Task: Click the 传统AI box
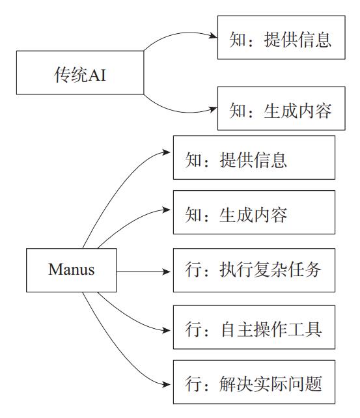pyautogui.click(x=80, y=72)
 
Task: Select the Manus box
pyautogui.click(x=72, y=270)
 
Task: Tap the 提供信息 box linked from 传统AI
pyautogui.click(x=281, y=37)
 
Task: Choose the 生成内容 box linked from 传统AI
pyautogui.click(x=281, y=108)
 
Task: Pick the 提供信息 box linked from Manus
pyautogui.click(x=254, y=158)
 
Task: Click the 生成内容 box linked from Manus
pyautogui.click(x=254, y=212)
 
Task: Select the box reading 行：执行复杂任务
pyautogui.click(x=254, y=270)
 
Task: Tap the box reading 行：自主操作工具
pyautogui.click(x=254, y=327)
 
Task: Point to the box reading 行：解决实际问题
pyautogui.click(x=254, y=382)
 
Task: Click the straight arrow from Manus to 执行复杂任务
pyautogui.click(x=143, y=272)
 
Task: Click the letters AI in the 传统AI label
pyautogui.click(x=97, y=75)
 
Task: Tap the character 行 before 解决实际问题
pyautogui.click(x=193, y=383)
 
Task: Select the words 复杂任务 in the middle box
pyautogui.click(x=287, y=270)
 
